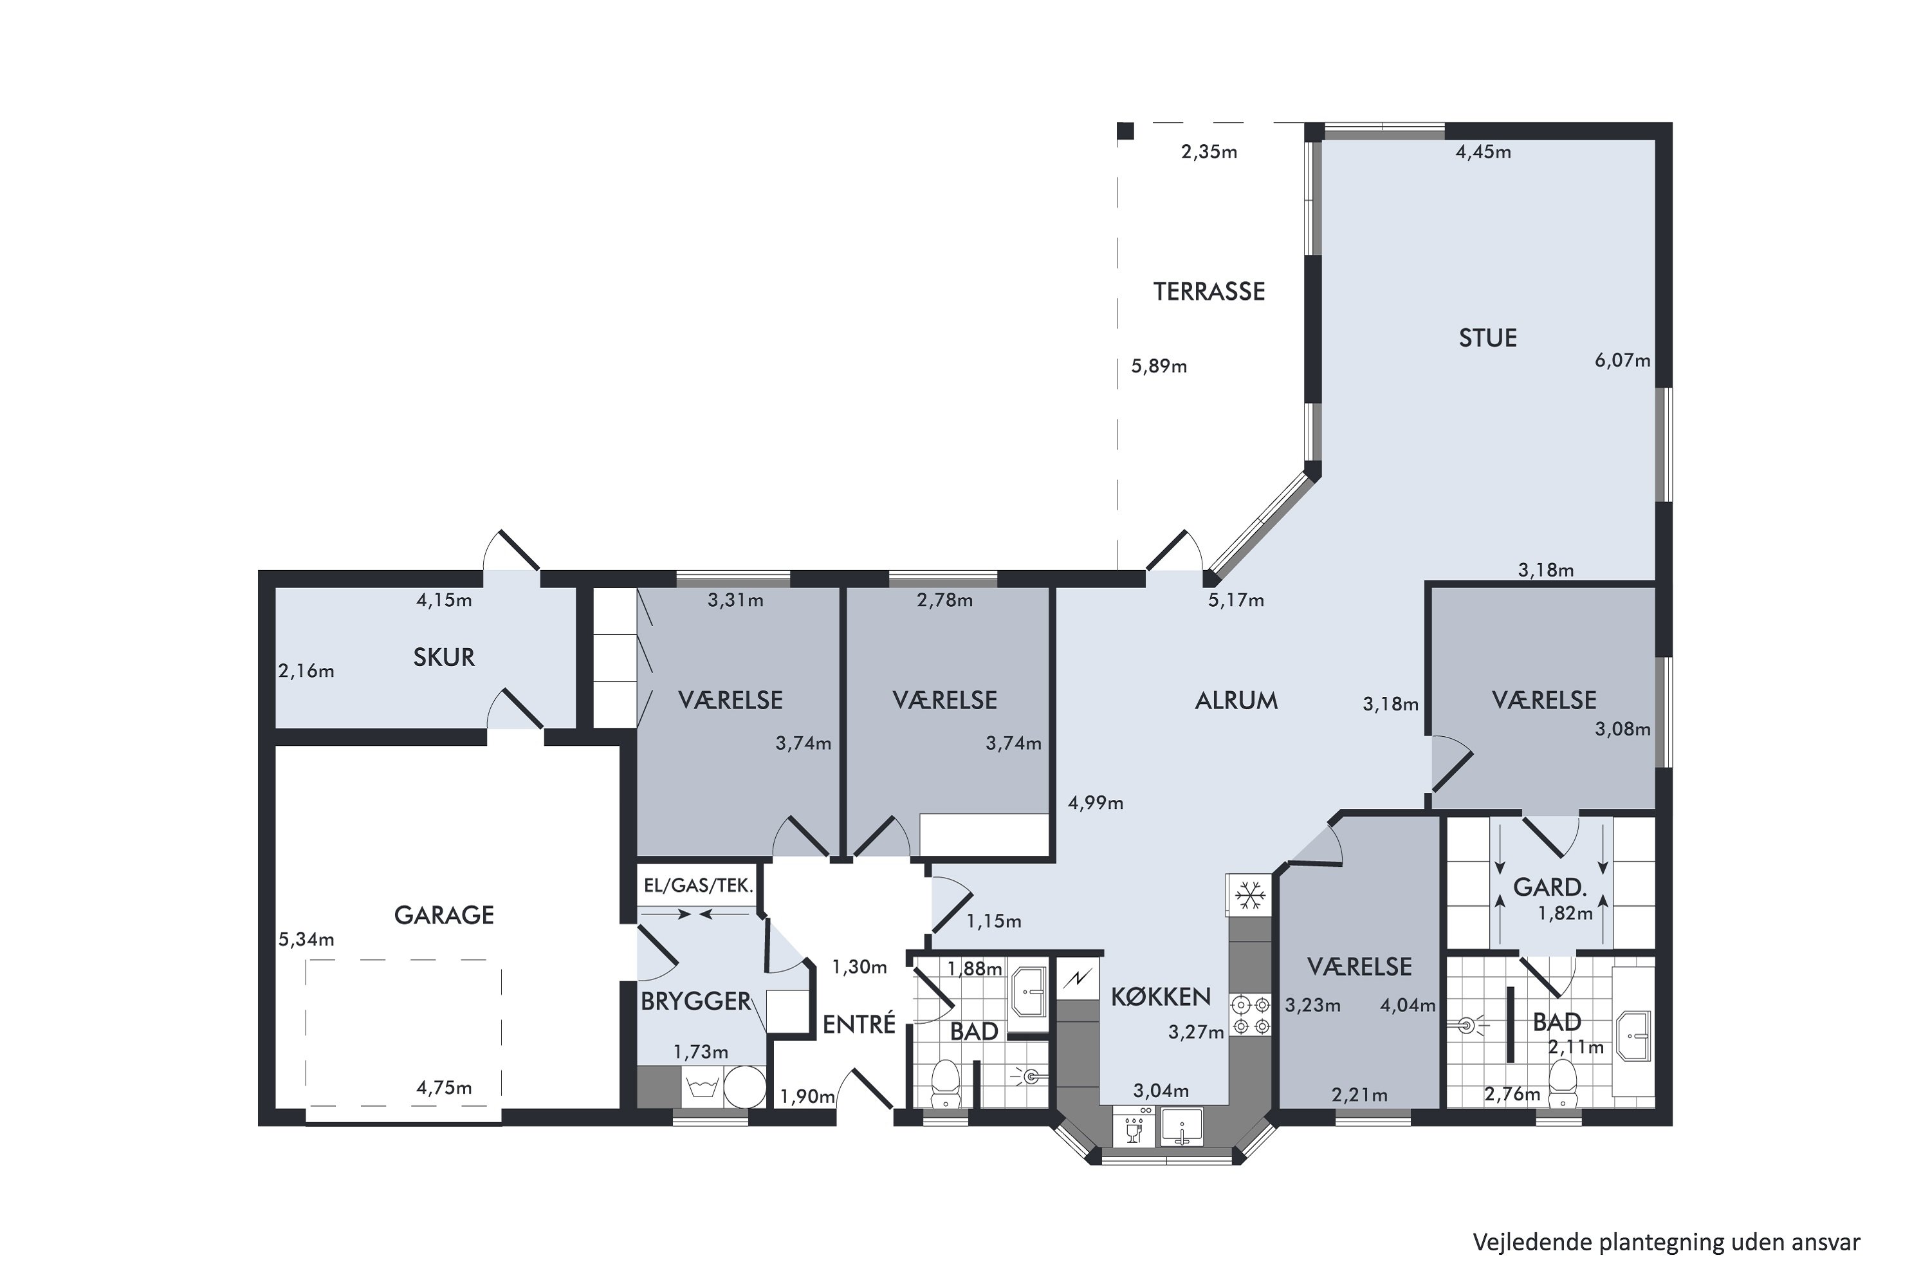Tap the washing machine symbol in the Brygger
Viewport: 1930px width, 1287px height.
[703, 1088]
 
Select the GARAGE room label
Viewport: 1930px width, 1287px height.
[444, 915]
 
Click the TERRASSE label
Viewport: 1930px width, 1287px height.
[1209, 292]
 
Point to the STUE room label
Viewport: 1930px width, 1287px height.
[1487, 338]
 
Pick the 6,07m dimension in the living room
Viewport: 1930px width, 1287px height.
[1622, 360]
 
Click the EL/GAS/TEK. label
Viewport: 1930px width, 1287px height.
[698, 885]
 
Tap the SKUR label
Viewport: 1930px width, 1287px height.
[444, 658]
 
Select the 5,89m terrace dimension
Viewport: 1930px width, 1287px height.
[1159, 366]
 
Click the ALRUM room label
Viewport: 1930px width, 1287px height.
[1236, 701]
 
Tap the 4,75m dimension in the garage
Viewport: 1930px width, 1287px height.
[444, 1088]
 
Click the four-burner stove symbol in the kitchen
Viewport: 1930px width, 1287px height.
[1249, 1015]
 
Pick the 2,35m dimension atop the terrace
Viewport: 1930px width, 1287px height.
[1209, 153]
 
